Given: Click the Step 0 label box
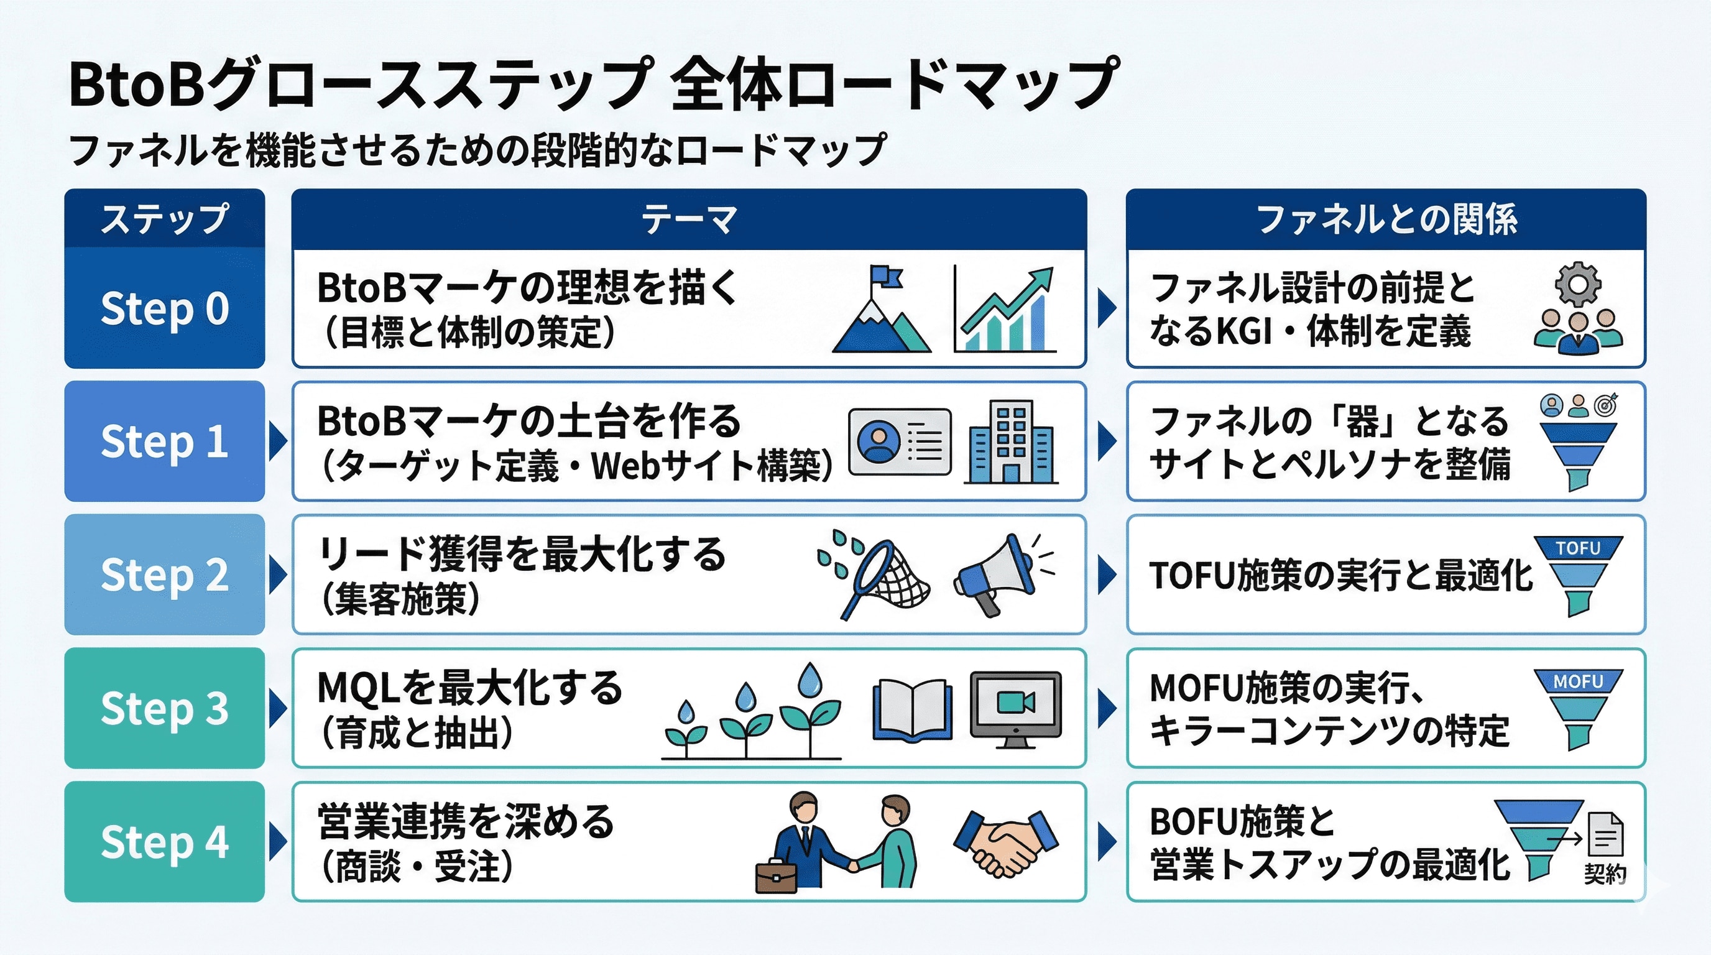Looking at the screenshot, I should click(x=165, y=308).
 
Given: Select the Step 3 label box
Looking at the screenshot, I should click(x=165, y=708).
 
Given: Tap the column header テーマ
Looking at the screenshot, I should click(x=689, y=219).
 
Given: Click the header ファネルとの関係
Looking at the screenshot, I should click(x=1386, y=219).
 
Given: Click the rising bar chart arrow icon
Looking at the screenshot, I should click(x=1005, y=310).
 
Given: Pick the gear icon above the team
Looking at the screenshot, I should click(x=1578, y=285).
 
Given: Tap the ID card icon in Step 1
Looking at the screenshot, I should click(x=900, y=441).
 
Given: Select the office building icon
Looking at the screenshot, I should click(x=1011, y=441).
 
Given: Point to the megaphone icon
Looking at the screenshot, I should click(x=996, y=575).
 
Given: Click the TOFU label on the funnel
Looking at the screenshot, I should click(x=1578, y=548).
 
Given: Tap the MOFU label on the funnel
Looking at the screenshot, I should click(x=1578, y=682).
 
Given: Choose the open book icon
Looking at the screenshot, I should click(x=911, y=709).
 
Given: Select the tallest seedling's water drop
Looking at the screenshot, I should click(x=809, y=680).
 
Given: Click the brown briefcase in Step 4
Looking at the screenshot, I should click(x=776, y=877).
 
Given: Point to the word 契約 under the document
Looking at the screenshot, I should click(x=1605, y=874).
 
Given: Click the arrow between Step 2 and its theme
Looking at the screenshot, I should click(x=278, y=575).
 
